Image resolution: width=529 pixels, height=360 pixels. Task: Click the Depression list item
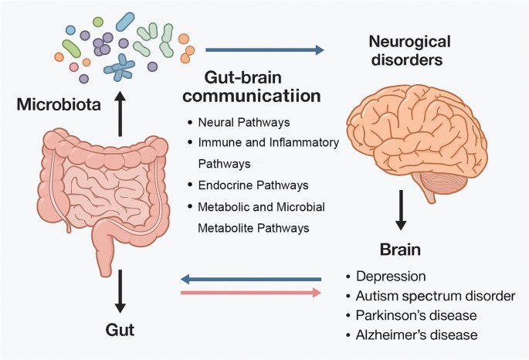click(x=389, y=275)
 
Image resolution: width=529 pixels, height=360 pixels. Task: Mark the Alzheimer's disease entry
click(x=417, y=335)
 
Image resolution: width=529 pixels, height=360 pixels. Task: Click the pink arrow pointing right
click(x=250, y=293)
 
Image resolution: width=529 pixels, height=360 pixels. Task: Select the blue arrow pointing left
click(x=250, y=279)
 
